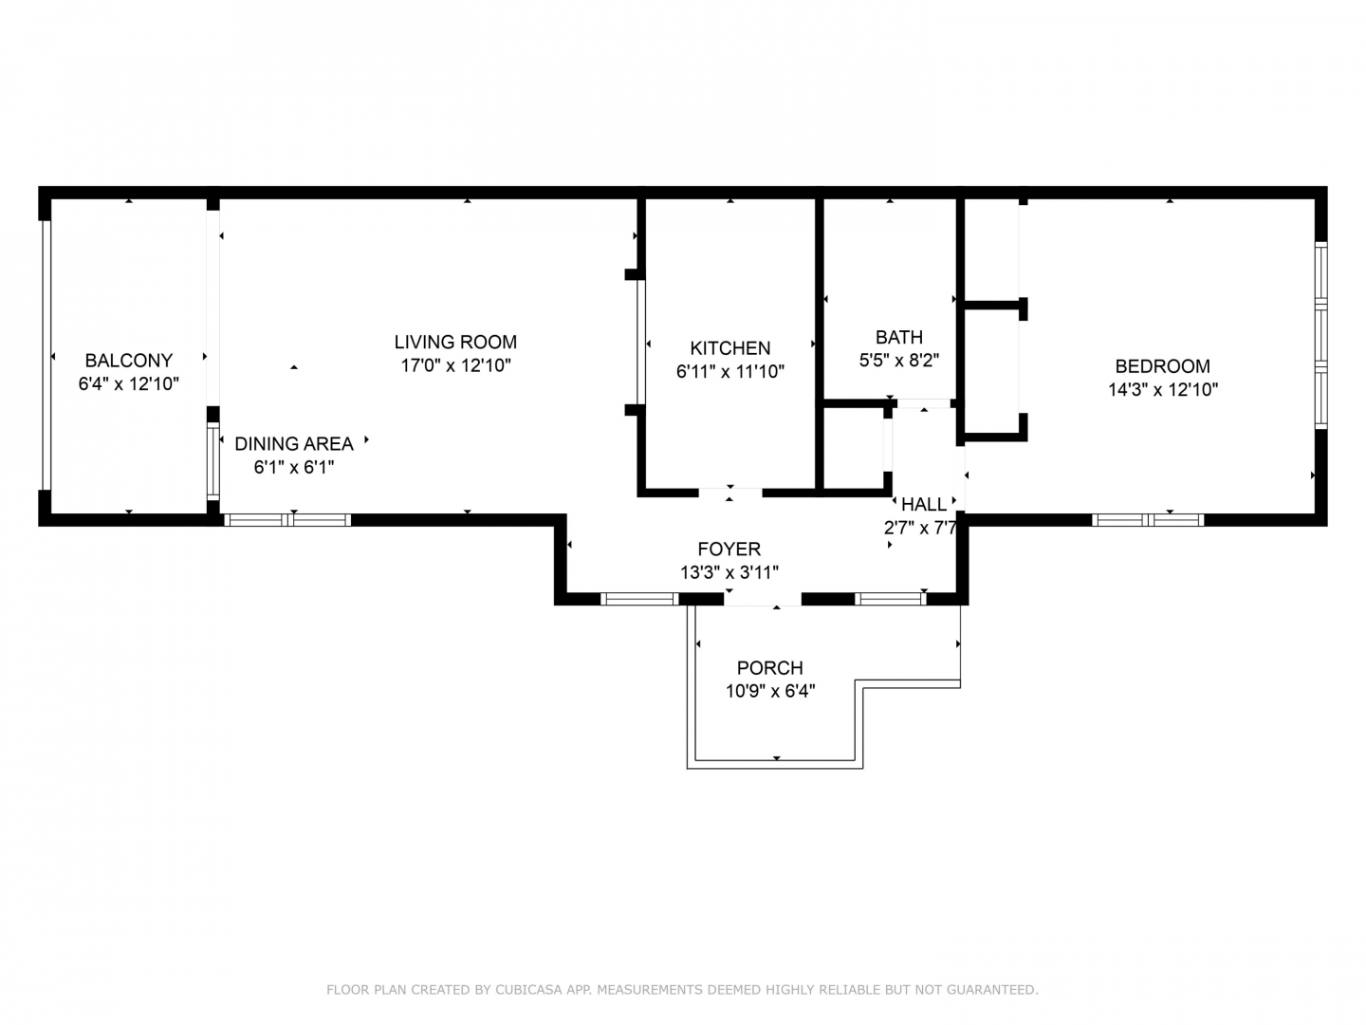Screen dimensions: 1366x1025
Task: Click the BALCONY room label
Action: pos(129,361)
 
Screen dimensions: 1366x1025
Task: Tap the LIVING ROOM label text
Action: pos(455,342)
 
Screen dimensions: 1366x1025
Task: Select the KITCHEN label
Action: pos(730,348)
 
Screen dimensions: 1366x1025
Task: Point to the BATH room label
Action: pos(899,337)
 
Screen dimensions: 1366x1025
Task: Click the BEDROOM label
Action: pos(1162,366)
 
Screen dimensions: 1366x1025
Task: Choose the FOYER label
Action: pos(729,549)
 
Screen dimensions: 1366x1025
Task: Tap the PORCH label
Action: pos(770,668)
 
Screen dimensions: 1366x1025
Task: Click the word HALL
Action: pos(924,504)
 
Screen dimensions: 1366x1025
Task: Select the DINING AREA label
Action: pos(294,444)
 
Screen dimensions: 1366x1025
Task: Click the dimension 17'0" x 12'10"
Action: pos(455,365)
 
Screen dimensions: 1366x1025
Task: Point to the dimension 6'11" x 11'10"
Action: pos(730,371)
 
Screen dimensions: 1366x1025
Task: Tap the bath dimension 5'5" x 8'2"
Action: pos(899,361)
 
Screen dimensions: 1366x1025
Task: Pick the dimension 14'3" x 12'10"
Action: pos(1162,389)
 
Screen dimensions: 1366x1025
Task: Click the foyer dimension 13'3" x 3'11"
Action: pos(729,572)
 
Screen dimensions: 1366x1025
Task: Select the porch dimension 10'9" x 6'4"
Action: pos(770,692)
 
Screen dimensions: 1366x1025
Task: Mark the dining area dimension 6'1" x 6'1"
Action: pos(294,467)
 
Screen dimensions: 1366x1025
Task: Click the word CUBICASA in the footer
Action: pos(528,990)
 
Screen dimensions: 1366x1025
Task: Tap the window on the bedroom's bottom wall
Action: pos(1148,520)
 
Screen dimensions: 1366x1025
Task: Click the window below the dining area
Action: pos(287,520)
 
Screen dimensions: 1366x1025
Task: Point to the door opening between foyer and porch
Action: pos(763,599)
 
